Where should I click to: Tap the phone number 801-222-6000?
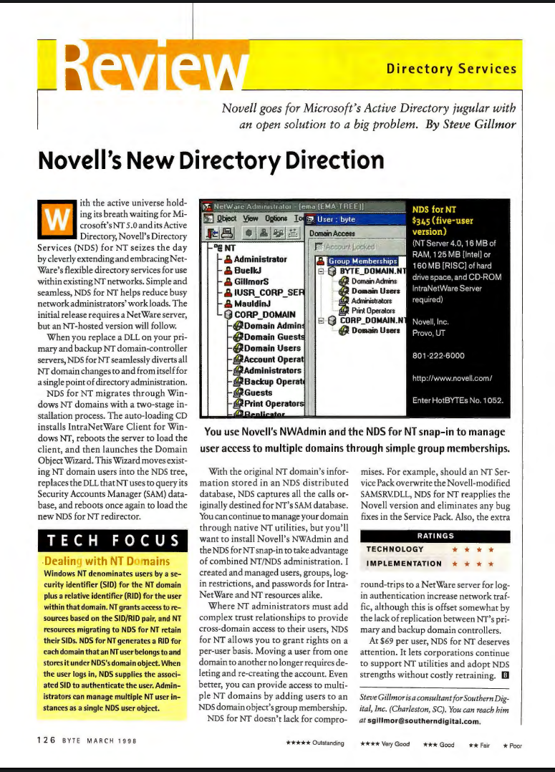tap(439, 355)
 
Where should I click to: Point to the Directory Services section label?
tap(451, 69)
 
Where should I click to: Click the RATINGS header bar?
tap(435, 536)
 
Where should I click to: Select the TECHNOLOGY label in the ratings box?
tap(395, 549)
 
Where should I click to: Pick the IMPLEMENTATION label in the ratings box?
tap(403, 563)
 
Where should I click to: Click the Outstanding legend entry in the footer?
tap(314, 743)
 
